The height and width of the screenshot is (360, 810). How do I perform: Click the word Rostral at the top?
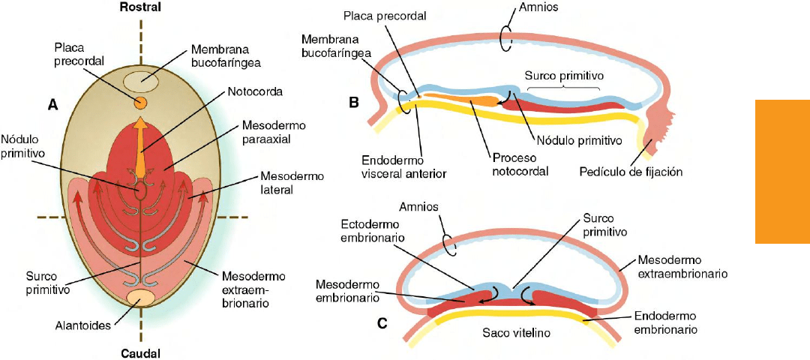point(140,7)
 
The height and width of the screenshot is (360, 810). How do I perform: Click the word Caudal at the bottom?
point(139,352)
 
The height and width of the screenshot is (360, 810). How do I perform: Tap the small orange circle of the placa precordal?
point(140,102)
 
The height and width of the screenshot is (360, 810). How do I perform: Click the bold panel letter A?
point(52,107)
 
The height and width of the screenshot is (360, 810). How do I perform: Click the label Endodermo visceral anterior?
point(403,166)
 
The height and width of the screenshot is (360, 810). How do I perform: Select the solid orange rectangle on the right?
point(782,172)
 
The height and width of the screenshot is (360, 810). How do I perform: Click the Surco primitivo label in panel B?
point(565,76)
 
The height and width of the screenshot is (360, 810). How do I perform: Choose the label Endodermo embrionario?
point(667,322)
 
